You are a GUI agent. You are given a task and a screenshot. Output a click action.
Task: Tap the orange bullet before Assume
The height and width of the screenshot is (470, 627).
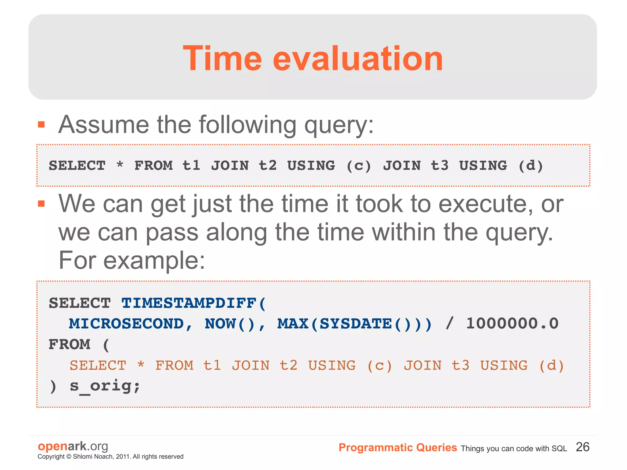click(x=41, y=125)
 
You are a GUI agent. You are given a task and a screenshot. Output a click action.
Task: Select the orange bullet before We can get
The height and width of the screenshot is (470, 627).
click(x=41, y=204)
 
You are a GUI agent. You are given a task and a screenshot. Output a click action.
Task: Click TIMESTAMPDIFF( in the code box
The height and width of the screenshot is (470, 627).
click(x=194, y=303)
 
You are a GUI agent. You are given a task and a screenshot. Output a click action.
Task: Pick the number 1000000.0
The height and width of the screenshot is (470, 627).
click(x=512, y=324)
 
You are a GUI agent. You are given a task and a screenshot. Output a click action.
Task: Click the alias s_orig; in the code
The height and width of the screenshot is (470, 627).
click(x=105, y=386)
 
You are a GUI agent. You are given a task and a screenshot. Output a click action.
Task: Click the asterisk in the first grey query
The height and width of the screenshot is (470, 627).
click(x=120, y=165)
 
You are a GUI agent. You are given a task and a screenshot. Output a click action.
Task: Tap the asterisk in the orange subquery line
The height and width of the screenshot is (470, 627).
click(x=141, y=365)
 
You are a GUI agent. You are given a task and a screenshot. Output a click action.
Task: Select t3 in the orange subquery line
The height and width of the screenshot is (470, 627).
click(x=460, y=365)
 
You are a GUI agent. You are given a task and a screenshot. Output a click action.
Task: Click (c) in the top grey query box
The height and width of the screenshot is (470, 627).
click(x=359, y=166)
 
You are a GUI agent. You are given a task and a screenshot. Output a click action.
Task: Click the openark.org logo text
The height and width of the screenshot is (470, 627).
click(x=73, y=446)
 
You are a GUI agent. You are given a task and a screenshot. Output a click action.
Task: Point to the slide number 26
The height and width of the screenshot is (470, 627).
click(x=582, y=447)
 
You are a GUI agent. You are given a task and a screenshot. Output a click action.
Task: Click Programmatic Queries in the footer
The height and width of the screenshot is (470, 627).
click(x=397, y=448)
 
